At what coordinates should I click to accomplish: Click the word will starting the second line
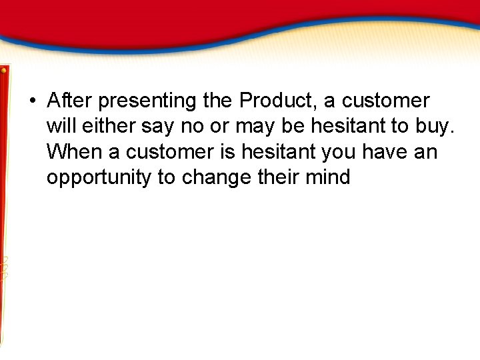tap(61, 126)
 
